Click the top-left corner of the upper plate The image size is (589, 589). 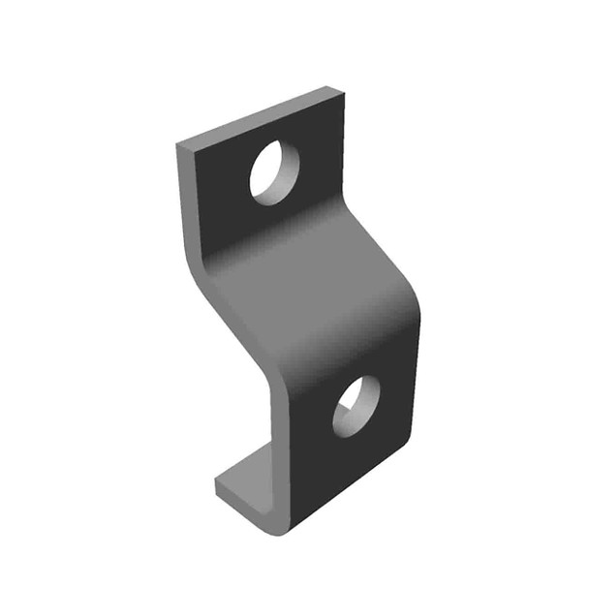click(179, 146)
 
